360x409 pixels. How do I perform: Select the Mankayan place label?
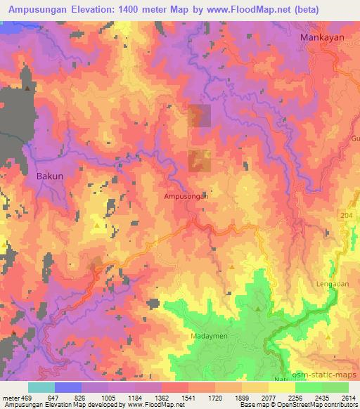point(321,37)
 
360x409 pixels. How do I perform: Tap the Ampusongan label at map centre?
point(185,197)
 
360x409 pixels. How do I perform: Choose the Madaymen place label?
point(209,336)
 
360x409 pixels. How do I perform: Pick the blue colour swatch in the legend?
point(67,387)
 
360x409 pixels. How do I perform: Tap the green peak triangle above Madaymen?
point(258,309)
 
